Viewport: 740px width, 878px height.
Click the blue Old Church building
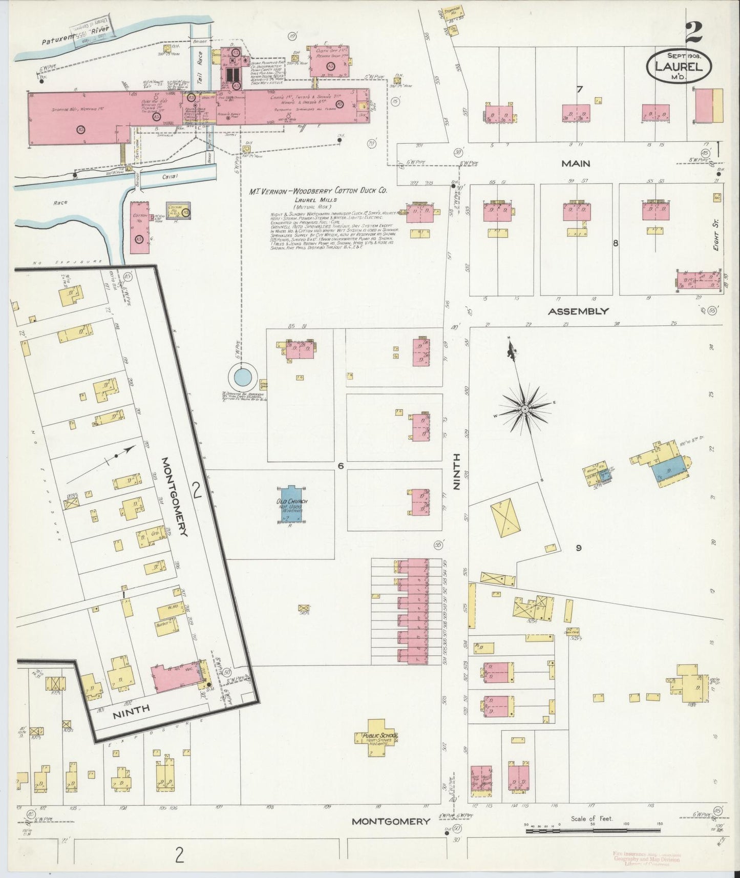[290, 504]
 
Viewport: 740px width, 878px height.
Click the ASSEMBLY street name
[578, 311]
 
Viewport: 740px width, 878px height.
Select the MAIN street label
[576, 163]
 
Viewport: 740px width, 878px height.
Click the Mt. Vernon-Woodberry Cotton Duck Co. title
[318, 191]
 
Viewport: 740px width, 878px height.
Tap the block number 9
[578, 548]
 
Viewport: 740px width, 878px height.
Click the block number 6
[340, 466]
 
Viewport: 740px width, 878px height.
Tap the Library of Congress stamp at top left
[95, 36]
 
